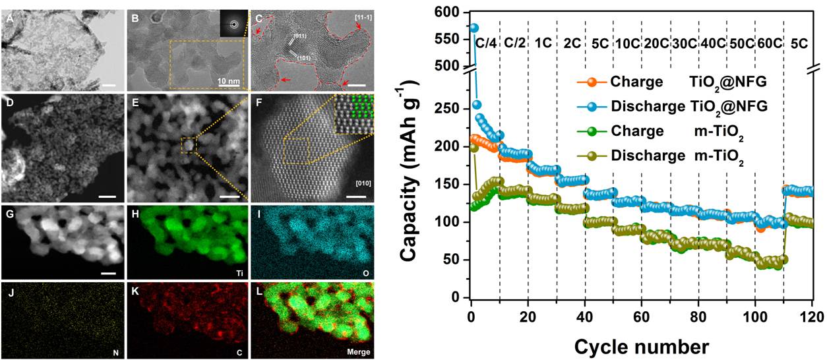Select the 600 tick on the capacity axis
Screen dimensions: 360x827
tap(450, 13)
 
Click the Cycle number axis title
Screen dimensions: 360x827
tap(641, 345)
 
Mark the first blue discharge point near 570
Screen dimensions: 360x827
tap(474, 28)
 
